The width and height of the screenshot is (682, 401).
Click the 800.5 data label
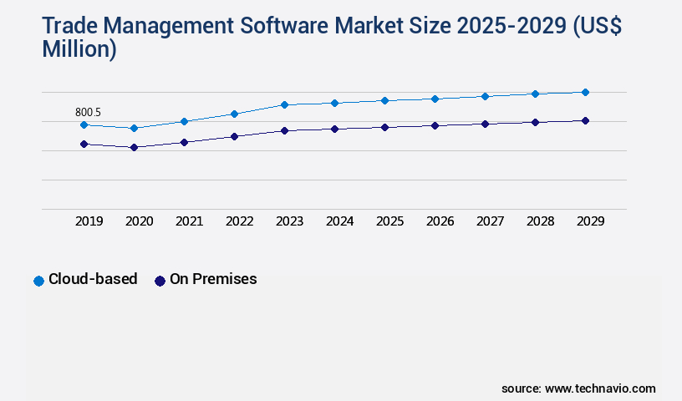pos(89,112)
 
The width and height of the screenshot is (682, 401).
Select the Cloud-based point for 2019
pos(84,125)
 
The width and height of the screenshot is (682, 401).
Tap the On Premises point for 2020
pos(134,148)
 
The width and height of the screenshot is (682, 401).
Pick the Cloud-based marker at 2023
pos(284,105)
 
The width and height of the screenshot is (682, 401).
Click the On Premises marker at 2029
pos(585,121)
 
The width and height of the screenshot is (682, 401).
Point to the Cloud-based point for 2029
pos(585,93)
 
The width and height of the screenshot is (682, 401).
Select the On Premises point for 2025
pos(384,128)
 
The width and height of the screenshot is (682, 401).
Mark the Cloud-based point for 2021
pos(184,122)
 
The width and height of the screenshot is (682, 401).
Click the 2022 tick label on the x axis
pos(239,221)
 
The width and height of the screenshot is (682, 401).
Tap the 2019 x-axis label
pos(89,221)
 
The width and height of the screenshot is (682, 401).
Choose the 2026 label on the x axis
pos(440,221)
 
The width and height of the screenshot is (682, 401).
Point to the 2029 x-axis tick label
pos(590,221)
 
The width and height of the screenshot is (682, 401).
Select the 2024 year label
pos(339,221)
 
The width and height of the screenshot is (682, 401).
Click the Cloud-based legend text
pos(93,280)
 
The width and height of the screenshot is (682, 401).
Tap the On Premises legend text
pos(213,280)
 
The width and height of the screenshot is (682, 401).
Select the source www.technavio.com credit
pos(578,388)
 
